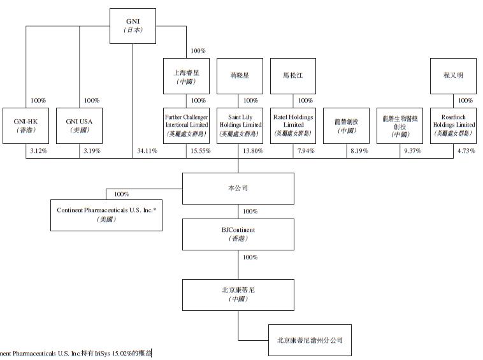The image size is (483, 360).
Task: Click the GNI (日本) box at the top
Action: [133, 26]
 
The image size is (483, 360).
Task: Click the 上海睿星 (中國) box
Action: [186, 77]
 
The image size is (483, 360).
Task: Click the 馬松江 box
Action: [293, 77]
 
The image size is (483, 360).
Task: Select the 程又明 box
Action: [453, 77]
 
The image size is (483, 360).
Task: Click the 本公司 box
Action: [238, 189]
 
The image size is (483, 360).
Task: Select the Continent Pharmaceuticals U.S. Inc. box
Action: [106, 214]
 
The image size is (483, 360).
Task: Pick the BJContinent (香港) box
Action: [238, 234]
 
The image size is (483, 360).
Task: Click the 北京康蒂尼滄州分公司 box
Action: [309, 340]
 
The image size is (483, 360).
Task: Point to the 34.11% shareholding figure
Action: [147, 151]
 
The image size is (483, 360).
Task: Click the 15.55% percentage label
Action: [201, 151]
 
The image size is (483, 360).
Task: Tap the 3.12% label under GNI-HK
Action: [38, 151]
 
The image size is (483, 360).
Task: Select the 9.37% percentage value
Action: [414, 151]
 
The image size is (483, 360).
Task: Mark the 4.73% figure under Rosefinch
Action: [466, 151]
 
